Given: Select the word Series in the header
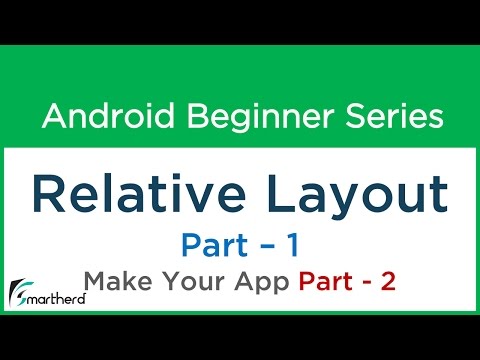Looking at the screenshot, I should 391,118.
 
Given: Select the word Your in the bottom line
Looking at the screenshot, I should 186,283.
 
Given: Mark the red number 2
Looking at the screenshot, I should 388,283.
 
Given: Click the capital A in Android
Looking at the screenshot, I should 53,118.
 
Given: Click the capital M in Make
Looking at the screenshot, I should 95,283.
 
